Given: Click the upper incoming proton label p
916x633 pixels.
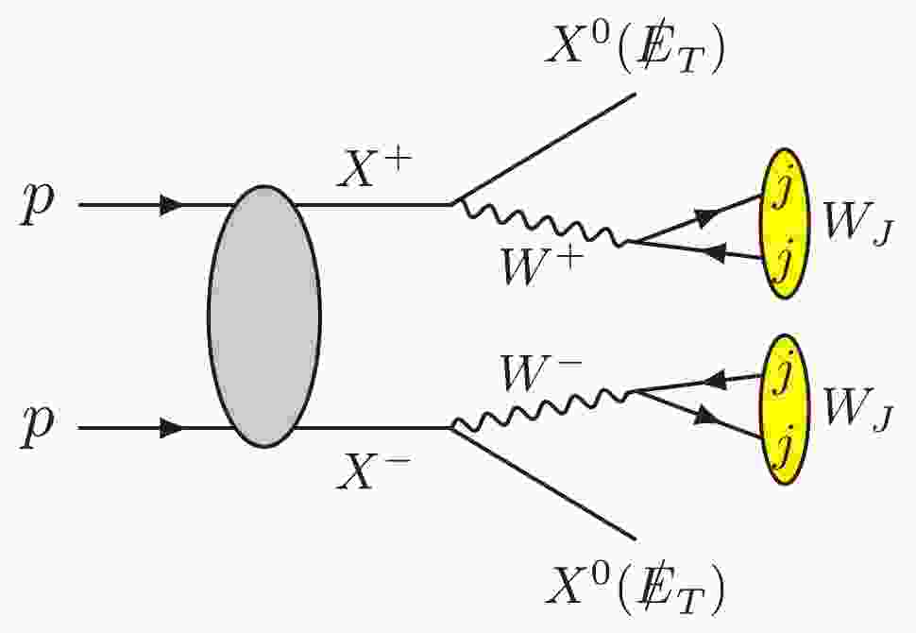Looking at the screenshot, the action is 38,203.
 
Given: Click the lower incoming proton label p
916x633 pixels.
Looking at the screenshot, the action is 38,426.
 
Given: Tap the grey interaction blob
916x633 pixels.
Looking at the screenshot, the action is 264,316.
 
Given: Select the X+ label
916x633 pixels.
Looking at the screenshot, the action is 375,169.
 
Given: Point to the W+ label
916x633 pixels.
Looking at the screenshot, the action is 543,265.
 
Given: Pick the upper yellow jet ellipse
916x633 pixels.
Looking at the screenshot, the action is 785,224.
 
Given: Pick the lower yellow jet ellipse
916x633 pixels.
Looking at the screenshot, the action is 785,410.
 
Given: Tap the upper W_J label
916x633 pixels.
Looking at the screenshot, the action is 857,225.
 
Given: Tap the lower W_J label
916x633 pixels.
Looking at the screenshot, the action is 857,410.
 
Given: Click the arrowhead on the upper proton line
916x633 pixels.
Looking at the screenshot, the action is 171,205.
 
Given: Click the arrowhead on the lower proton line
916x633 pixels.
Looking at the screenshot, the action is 171,428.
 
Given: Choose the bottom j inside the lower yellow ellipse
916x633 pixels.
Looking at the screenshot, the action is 781,449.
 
